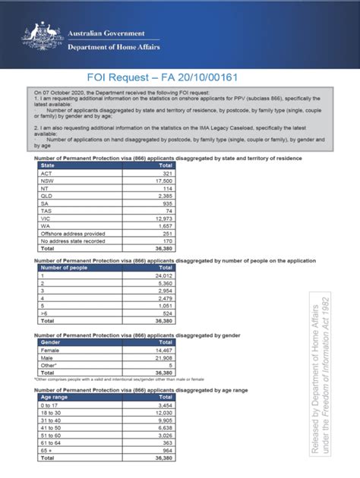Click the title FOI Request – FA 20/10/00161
pos(180,77)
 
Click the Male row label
pos(46,357)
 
